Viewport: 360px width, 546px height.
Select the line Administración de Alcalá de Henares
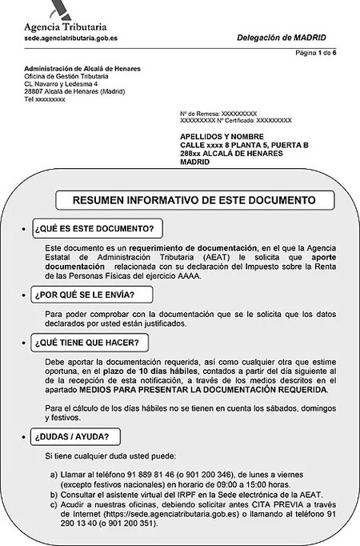[82, 69]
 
